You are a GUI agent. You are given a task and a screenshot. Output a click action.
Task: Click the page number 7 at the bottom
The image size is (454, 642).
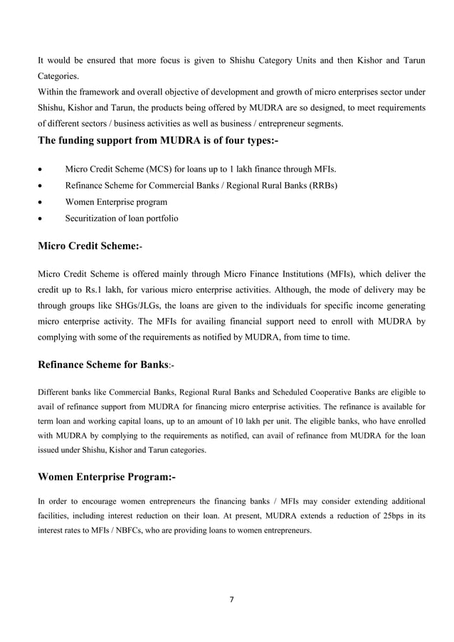click(x=230, y=598)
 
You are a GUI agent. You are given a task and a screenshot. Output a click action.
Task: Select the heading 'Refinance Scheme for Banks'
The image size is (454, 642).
click(x=104, y=364)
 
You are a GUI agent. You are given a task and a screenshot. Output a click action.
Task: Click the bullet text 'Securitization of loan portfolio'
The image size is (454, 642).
click(x=122, y=219)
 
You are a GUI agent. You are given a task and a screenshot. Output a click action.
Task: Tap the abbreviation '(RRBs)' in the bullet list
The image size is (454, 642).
click(x=322, y=186)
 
